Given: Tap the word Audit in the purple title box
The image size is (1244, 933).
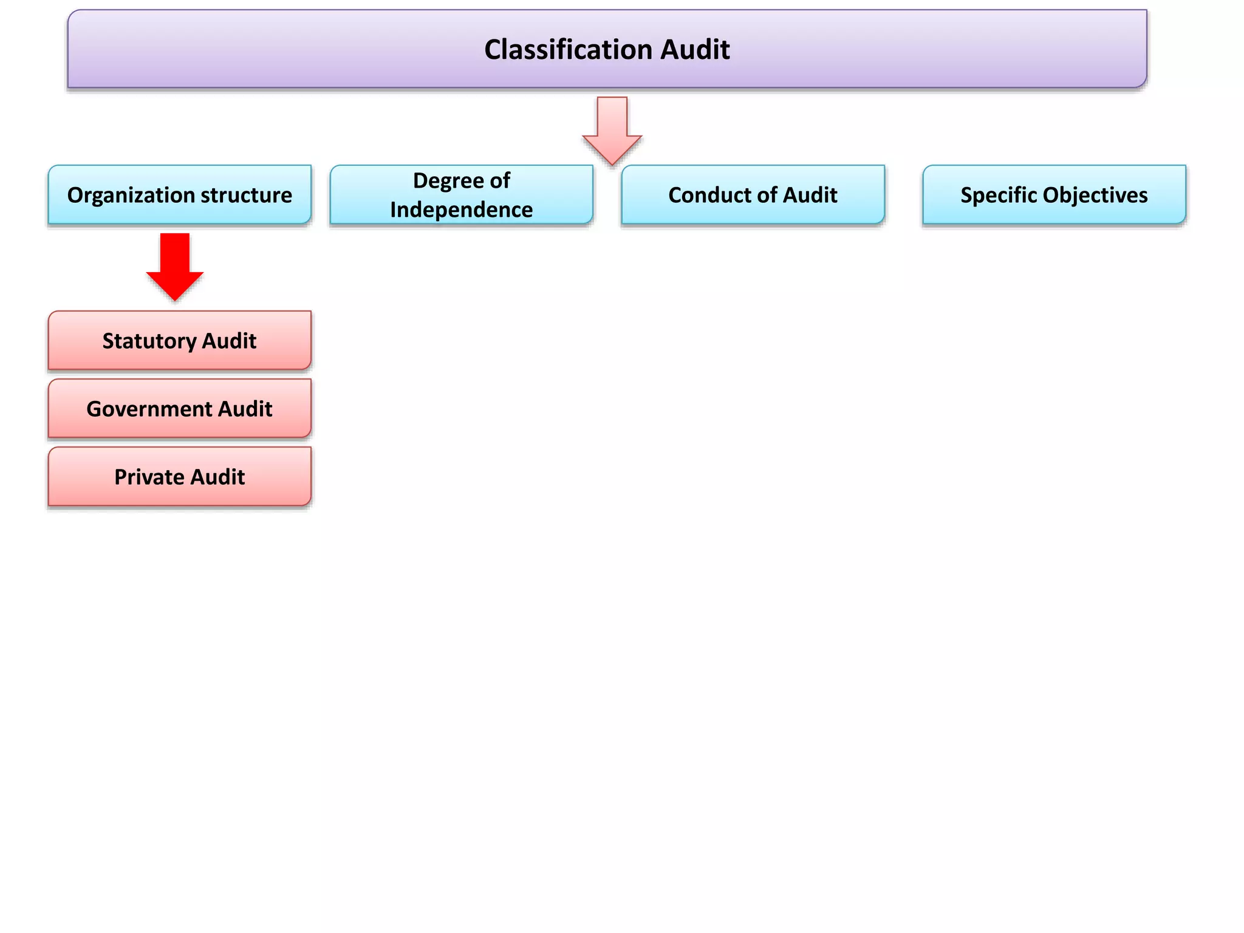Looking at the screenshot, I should [x=695, y=49].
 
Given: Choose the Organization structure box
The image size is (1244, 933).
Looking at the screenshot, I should [x=180, y=195].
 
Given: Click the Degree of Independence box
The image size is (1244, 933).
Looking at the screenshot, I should [x=461, y=195].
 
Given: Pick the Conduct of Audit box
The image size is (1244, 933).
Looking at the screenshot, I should [x=753, y=195].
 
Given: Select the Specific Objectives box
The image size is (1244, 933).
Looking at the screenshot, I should [x=1054, y=195].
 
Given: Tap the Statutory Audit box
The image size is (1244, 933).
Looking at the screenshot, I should [x=180, y=341].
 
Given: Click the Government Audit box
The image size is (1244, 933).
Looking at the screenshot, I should [x=180, y=409].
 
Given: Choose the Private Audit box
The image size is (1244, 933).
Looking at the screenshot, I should [x=180, y=477].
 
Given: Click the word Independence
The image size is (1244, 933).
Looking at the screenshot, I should [x=461, y=210].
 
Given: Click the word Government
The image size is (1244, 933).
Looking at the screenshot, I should [x=149, y=409].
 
